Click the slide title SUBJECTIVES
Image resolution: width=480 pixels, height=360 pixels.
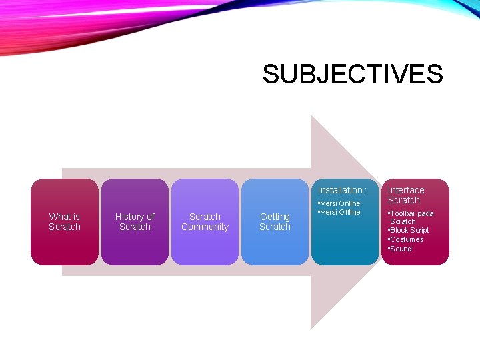click(x=352, y=74)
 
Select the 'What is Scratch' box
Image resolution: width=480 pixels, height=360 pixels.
click(x=65, y=222)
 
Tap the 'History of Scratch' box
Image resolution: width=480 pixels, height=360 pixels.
click(x=135, y=222)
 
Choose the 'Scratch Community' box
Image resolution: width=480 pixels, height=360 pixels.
click(x=205, y=222)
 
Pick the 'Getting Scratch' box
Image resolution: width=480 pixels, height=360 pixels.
click(x=275, y=222)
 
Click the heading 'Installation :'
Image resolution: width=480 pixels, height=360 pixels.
click(x=342, y=190)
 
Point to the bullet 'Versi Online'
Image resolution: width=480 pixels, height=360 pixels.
click(x=341, y=203)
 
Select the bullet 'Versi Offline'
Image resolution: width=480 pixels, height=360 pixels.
click(x=341, y=212)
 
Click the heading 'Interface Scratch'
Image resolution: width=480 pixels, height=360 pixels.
click(x=405, y=195)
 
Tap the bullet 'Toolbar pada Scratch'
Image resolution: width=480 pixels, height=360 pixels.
click(x=411, y=217)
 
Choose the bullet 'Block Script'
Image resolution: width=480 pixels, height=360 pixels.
click(x=409, y=230)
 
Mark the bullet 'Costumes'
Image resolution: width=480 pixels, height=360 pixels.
click(x=407, y=239)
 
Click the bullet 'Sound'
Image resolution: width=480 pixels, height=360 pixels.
click(x=401, y=249)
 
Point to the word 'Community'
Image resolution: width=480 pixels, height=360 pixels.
click(x=205, y=227)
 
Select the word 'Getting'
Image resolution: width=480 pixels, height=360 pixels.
click(x=275, y=217)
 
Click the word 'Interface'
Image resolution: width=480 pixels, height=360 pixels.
click(x=406, y=190)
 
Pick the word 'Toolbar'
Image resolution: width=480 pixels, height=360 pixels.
click(x=404, y=213)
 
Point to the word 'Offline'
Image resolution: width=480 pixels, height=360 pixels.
click(x=349, y=212)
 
